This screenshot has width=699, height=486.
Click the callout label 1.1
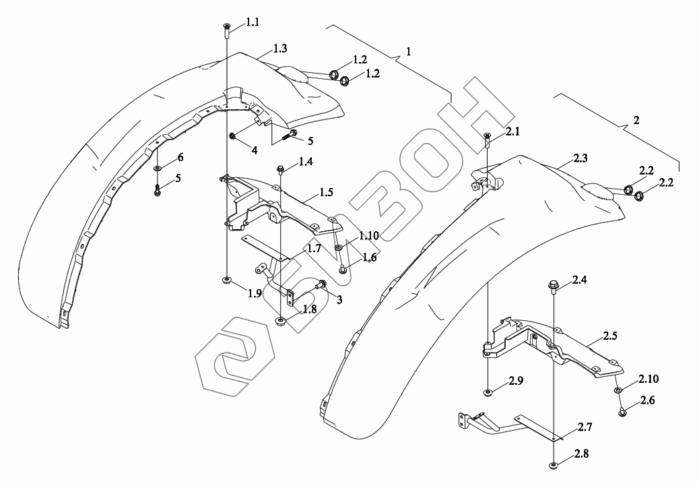tap(252, 23)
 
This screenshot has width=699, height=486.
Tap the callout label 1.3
tap(281, 49)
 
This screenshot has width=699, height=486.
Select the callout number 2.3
tap(580, 159)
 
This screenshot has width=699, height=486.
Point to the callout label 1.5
tap(326, 192)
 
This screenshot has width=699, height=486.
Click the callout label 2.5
tap(610, 335)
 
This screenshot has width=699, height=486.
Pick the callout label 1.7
tap(314, 249)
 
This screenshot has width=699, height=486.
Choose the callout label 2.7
tap(584, 427)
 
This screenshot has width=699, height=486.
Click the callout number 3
tap(339, 299)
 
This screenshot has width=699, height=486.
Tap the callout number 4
tap(254, 150)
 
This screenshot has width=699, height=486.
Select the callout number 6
tap(180, 158)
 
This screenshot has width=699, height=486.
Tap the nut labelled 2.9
tap(487, 392)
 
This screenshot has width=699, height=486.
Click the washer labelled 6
tap(157, 168)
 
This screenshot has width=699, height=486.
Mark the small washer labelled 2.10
tap(618, 390)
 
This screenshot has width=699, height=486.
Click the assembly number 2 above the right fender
tap(636, 121)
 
